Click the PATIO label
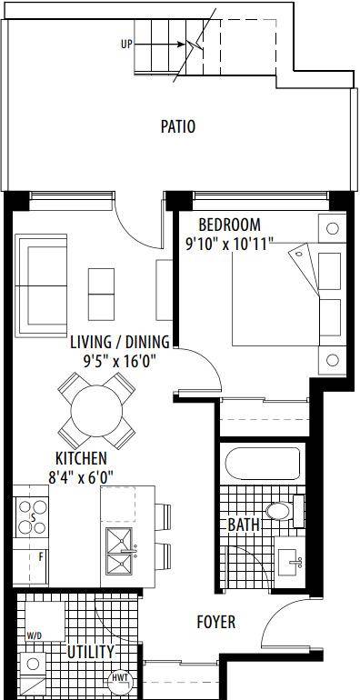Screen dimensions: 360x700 pyautogui.click(x=178, y=126)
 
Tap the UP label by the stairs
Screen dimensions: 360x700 pyautogui.click(x=127, y=45)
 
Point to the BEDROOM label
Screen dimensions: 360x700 pyautogui.click(x=230, y=224)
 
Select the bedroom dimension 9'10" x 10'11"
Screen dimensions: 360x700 pyautogui.click(x=230, y=244)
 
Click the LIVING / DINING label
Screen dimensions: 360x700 pyautogui.click(x=120, y=342)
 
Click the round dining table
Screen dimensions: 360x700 pyautogui.click(x=96, y=411)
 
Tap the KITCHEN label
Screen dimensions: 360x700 pyautogui.click(x=81, y=458)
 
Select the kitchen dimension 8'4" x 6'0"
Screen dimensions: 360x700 pyautogui.click(x=80, y=476)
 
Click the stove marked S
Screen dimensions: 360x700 pyautogui.click(x=32, y=517)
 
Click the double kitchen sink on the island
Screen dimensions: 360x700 pyautogui.click(x=119, y=551)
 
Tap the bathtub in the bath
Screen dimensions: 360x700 pyautogui.click(x=263, y=464)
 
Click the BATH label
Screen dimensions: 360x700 pyautogui.click(x=244, y=525)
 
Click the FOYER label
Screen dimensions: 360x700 pyautogui.click(x=216, y=622)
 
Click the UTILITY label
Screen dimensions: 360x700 pyautogui.click(x=90, y=652)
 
